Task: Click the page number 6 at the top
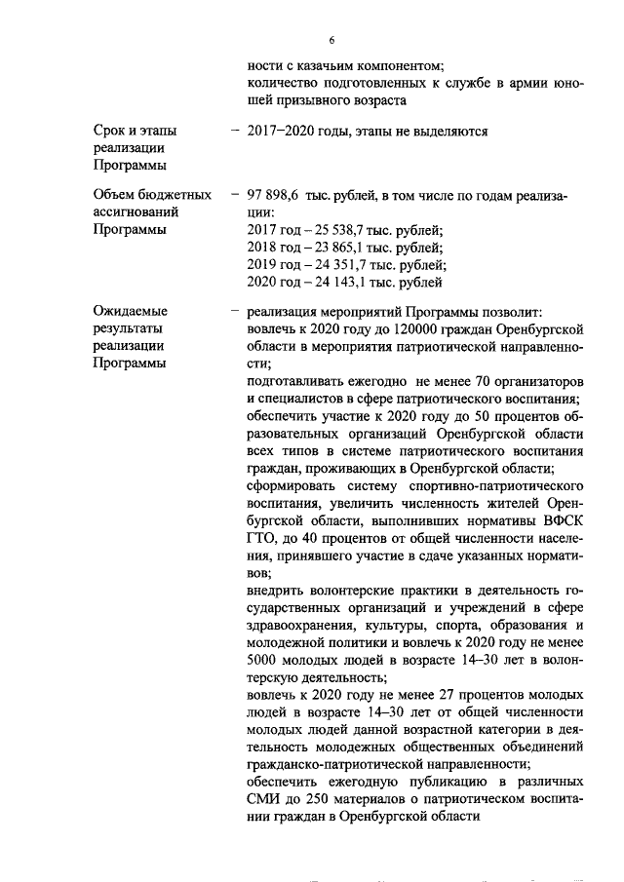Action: (x=331, y=40)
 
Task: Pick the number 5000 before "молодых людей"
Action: (x=265, y=663)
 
